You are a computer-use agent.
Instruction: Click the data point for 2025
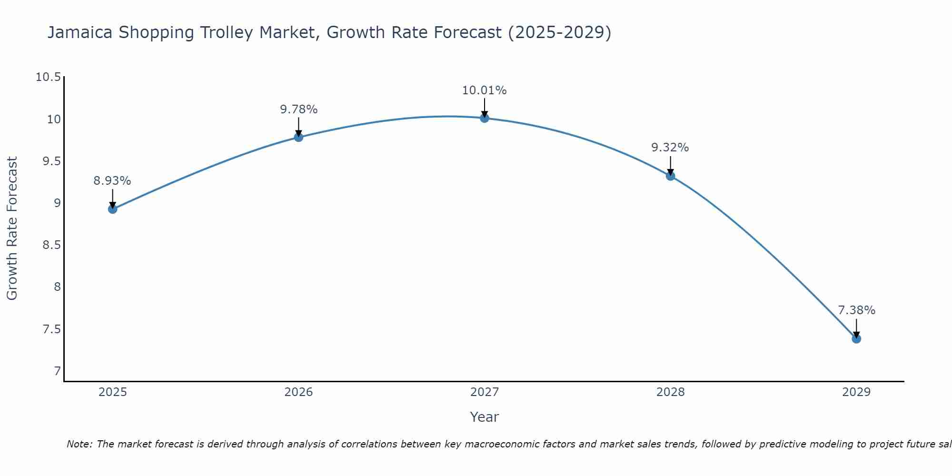[x=113, y=209]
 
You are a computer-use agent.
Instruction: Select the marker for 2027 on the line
[x=485, y=118]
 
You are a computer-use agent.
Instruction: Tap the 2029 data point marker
[x=856, y=339]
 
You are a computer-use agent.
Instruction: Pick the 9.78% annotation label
[x=298, y=109]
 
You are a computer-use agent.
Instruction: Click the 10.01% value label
[x=485, y=90]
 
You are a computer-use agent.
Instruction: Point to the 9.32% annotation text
[x=670, y=148]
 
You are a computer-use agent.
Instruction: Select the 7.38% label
[x=856, y=310]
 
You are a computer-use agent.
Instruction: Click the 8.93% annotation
[x=112, y=181]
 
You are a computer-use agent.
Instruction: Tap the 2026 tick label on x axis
[x=298, y=392]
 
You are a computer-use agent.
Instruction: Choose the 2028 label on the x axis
[x=670, y=392]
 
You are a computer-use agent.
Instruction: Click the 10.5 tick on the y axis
[x=49, y=77]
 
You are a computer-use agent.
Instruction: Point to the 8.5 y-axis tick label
[x=52, y=245]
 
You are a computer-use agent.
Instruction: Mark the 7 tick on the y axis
[x=57, y=371]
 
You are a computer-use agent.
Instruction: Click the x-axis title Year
[x=484, y=417]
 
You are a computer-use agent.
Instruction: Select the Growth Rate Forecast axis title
[x=12, y=228]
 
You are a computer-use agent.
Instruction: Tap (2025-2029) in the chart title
[x=560, y=32]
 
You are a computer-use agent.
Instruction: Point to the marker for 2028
[x=670, y=176]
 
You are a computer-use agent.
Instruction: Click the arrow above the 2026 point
[x=298, y=127]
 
